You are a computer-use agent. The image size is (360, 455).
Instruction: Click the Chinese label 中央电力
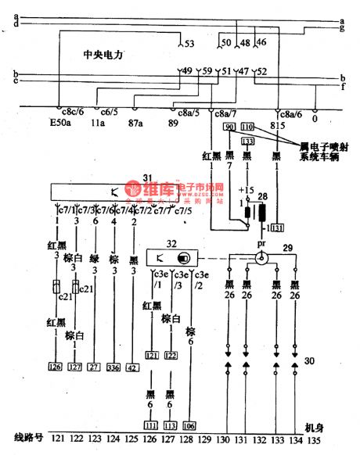[104, 55]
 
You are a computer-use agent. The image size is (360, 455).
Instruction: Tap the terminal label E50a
[59, 123]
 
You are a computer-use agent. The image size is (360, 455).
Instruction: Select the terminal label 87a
[137, 123]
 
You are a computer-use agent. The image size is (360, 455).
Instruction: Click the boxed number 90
[229, 127]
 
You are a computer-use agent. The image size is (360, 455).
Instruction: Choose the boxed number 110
[248, 127]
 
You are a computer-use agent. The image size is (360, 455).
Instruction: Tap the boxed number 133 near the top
[248, 141]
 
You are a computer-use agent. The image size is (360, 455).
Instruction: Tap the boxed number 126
[55, 365]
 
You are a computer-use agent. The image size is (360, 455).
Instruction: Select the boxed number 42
[133, 365]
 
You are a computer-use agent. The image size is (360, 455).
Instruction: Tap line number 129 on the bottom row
[207, 439]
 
